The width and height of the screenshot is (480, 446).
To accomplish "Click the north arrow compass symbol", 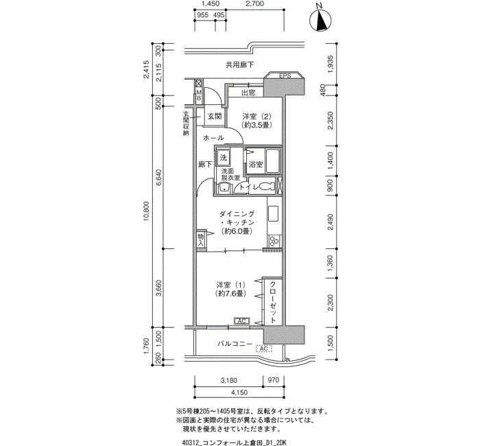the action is [320, 20].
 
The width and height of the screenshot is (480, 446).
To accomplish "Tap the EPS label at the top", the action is [285, 75].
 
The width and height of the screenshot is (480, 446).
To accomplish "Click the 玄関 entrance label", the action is [215, 117].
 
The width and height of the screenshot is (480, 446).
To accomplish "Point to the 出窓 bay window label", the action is [248, 93].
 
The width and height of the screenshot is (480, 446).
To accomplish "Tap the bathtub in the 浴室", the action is [273, 161].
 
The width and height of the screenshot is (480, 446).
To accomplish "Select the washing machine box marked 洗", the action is [224, 158].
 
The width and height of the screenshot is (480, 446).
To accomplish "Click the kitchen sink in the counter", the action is [273, 214].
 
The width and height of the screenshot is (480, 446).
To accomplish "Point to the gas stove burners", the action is [274, 240].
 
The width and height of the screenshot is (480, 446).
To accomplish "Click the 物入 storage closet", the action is [201, 240].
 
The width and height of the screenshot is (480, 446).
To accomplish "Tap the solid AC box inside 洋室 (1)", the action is [242, 321].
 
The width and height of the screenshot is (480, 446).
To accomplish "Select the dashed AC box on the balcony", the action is [263, 349].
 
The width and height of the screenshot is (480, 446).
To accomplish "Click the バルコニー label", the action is [235, 344].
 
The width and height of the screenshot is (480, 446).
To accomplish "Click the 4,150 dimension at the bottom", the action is [239, 392].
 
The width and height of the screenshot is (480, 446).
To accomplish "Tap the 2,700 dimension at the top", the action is [255, 3].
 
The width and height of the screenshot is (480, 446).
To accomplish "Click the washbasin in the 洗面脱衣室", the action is [224, 187].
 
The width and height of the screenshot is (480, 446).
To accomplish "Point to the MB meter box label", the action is [199, 95].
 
